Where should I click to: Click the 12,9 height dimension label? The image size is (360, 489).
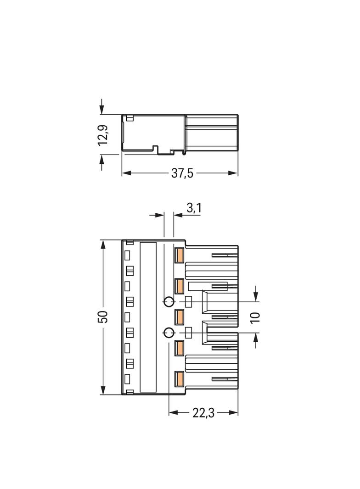(103, 135)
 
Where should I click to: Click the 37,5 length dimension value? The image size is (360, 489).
(182, 173)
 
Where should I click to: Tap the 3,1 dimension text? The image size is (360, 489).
(194, 208)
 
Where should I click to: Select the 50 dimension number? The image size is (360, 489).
(104, 317)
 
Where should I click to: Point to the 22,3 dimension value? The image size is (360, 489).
(203, 413)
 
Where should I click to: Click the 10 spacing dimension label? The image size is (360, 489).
(255, 317)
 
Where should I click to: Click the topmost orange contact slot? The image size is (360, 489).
(179, 255)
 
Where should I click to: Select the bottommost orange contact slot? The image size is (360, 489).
(179, 379)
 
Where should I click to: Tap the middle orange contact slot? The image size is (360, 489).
(179, 317)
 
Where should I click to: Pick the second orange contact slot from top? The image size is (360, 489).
(179, 286)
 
